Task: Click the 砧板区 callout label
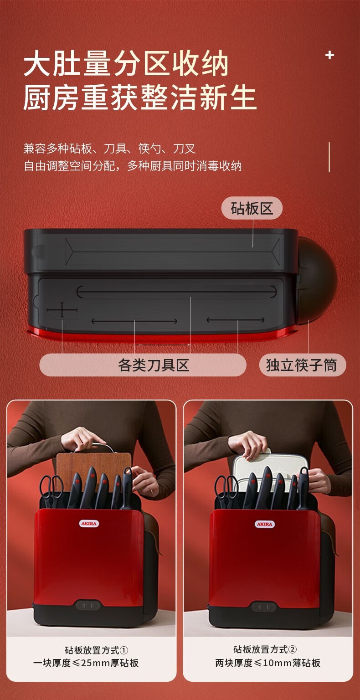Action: tap(252, 208)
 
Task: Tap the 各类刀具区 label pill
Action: tap(143, 365)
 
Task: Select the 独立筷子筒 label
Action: tap(303, 365)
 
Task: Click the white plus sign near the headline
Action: tap(329, 55)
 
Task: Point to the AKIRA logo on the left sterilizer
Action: tap(89, 524)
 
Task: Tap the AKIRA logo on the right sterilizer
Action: tap(265, 524)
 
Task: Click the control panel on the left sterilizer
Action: tap(88, 605)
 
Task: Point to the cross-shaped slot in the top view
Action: tap(62, 310)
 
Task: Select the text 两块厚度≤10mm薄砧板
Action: tap(268, 663)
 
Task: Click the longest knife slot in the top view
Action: tap(177, 292)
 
